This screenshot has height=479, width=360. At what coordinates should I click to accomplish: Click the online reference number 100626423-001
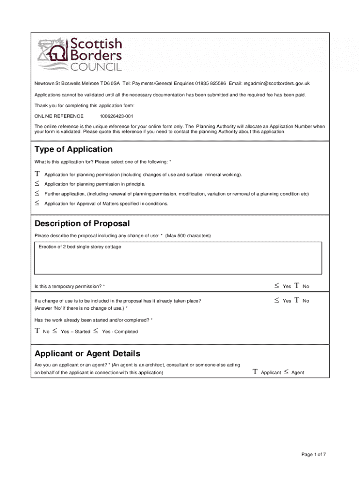[116, 116]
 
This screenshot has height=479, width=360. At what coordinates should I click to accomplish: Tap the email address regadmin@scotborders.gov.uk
[276, 83]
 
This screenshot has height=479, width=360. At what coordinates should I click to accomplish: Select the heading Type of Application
[73, 149]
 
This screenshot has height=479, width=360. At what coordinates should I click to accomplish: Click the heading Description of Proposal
[82, 224]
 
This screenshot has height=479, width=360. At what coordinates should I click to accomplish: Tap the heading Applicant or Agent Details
[87, 353]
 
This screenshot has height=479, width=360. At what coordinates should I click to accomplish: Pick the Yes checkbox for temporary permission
[277, 286]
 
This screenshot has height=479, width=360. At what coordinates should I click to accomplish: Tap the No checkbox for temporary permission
[297, 286]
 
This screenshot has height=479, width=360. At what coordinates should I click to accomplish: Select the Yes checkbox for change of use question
[277, 301]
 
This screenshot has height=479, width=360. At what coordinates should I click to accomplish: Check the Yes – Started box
[55, 331]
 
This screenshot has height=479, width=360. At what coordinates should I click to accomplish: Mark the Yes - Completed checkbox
[95, 331]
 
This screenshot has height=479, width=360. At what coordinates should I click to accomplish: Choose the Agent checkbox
[286, 372]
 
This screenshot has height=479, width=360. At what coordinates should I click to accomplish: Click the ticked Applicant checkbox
[255, 372]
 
